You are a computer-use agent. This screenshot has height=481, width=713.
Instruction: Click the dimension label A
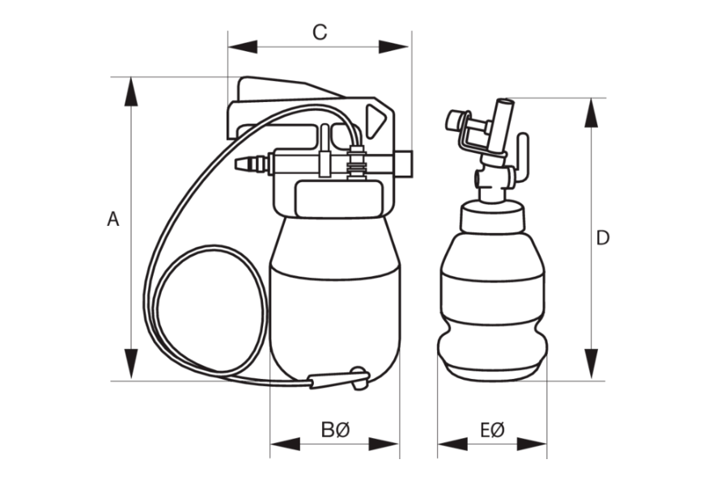pos(113,219)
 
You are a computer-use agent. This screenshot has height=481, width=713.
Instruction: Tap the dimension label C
pos(320,32)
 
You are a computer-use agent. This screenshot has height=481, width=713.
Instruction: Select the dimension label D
pos(603,238)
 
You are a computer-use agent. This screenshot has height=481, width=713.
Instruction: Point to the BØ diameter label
pos(335,429)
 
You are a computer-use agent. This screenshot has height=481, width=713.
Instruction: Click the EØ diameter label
pos(491,429)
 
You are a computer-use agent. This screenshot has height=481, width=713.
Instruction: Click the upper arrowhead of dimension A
pos(129,92)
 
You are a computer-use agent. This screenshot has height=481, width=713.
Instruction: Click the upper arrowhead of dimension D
pos(592,113)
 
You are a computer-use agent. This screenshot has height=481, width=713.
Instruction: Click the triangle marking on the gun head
pos(375,122)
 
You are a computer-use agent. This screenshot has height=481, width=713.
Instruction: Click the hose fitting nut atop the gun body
pos(354,161)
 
